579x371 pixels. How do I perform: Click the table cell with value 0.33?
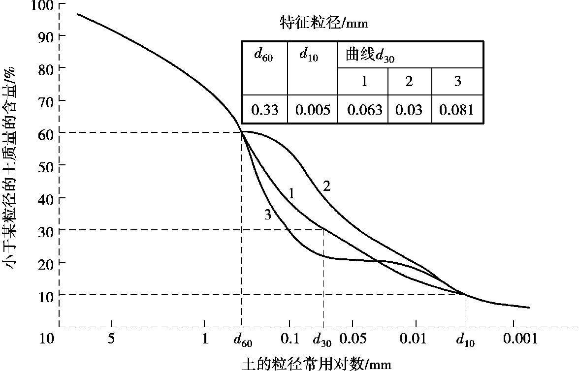(x=265, y=110)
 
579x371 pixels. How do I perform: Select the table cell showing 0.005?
(x=312, y=110)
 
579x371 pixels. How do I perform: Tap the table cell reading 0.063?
(x=364, y=110)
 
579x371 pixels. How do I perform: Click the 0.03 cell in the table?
(x=410, y=110)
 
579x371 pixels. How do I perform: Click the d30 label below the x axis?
(x=322, y=340)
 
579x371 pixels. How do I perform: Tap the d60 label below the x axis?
(x=243, y=340)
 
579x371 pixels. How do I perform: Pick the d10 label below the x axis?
(x=465, y=340)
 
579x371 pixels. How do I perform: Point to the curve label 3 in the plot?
(x=267, y=215)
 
